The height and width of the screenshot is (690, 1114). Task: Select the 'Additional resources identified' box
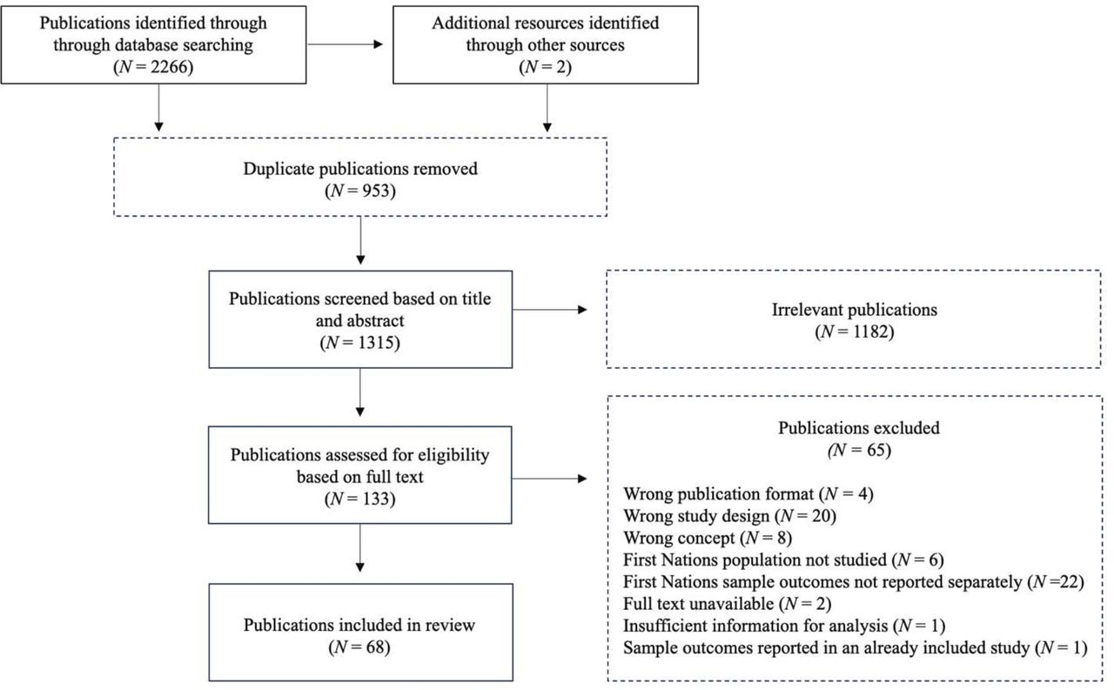point(545,45)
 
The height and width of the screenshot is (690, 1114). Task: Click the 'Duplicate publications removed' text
point(359,169)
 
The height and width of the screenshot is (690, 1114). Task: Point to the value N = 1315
point(359,343)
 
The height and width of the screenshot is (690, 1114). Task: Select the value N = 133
point(359,499)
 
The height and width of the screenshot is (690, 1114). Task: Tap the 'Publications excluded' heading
point(847,428)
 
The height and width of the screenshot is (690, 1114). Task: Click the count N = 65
point(847,451)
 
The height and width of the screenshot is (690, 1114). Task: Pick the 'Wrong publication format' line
point(748,494)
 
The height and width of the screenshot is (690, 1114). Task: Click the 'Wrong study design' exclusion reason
point(730,516)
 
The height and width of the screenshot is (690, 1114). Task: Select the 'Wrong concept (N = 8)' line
point(708,538)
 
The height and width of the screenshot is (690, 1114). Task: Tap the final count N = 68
point(359,646)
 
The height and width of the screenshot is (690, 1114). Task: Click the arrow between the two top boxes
point(346,44)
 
